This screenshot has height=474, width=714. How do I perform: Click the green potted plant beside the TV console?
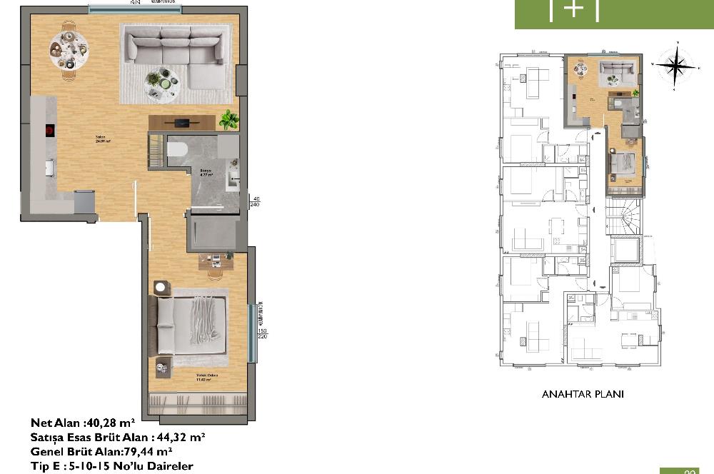point(228,119)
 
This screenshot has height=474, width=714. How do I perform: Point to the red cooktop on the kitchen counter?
point(49,130)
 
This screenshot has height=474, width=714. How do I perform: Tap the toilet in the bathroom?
point(177,148)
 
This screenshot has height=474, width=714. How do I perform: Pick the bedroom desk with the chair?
point(216,262)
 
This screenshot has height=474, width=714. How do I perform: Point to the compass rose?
point(675,66)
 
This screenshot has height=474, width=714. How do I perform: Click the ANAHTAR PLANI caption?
point(583,394)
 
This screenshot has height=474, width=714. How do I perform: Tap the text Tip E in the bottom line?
point(48,465)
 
